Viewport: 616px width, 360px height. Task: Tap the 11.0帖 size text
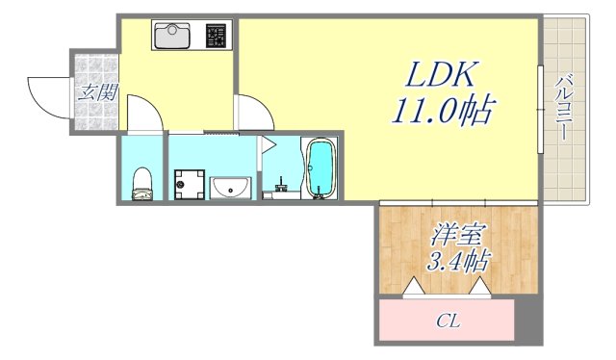pos(440,111)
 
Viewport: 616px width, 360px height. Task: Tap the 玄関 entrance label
pos(97,94)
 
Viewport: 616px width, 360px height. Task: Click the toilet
pos(142,181)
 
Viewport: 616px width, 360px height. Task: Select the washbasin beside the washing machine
pos(230,187)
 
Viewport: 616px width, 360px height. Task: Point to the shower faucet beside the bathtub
pos(281,183)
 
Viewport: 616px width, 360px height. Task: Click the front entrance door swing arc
pos(46,94)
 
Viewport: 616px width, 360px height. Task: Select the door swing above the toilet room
pos(144,114)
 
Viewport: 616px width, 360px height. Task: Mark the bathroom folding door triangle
pos(269,146)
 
